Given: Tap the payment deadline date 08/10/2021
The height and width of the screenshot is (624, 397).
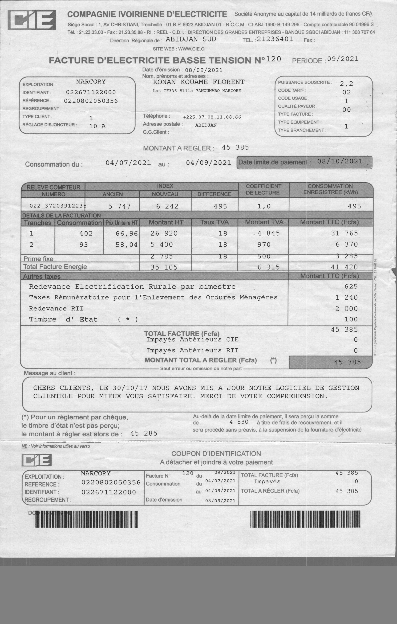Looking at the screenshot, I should pos(340,161).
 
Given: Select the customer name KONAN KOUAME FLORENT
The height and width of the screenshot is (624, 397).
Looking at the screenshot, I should pos(199,82).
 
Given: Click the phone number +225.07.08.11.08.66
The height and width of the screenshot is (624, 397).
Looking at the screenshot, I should pos(212,117).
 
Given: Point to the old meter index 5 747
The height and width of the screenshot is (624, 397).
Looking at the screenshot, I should pos(119,206).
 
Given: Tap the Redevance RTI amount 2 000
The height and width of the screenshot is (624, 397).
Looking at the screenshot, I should pos(346,309).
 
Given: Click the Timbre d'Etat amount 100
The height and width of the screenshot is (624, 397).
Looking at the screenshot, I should pos(351,319).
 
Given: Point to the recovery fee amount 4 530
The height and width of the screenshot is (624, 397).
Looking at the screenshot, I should pos(239,422).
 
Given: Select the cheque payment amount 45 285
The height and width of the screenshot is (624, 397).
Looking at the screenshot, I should pos(144,433).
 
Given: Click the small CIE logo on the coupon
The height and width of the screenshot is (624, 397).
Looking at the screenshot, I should pos(36,461).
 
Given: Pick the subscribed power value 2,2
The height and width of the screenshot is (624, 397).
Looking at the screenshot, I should pos(346,83).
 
